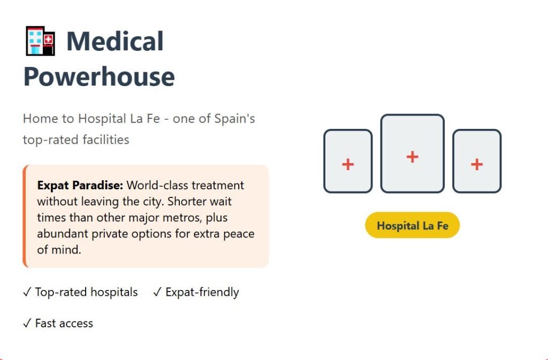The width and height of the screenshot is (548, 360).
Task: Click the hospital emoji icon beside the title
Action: pyautogui.click(x=41, y=41)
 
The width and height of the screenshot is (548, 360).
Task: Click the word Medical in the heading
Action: pyautogui.click(x=115, y=41)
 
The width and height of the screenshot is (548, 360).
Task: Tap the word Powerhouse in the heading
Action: pyautogui.click(x=99, y=77)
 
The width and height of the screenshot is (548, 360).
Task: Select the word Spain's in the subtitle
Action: pyautogui.click(x=234, y=119)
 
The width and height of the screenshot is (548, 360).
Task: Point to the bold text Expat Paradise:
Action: pyautogui.click(x=80, y=186)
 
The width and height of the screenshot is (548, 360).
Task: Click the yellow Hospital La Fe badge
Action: pyautogui.click(x=413, y=225)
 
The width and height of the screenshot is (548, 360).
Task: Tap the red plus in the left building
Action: pyautogui.click(x=348, y=164)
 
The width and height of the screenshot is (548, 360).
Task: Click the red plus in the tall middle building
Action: pyautogui.click(x=413, y=157)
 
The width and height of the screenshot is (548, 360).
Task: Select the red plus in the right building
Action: pyautogui.click(x=477, y=164)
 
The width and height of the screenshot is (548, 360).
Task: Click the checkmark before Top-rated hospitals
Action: pyautogui.click(x=27, y=292)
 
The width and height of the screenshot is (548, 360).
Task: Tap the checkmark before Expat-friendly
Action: pyautogui.click(x=157, y=292)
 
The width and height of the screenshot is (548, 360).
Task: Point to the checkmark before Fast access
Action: pyautogui.click(x=27, y=323)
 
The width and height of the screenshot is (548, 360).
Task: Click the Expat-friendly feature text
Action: pyautogui.click(x=202, y=292)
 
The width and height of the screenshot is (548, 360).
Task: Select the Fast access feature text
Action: pyautogui.click(x=64, y=323)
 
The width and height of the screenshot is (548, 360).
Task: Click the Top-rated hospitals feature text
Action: pyautogui.click(x=86, y=292)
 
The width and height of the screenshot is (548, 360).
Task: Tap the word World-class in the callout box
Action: pyautogui.click(x=156, y=185)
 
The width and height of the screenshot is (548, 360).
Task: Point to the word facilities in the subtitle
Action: pyautogui.click(x=106, y=140)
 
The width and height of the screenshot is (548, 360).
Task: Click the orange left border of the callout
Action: pyautogui.click(x=25, y=216)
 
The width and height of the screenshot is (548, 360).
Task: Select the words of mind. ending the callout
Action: pyautogui.click(x=59, y=250)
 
